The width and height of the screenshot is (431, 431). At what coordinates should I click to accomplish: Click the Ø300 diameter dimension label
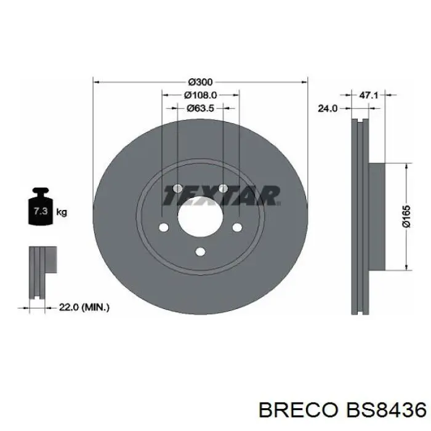click(x=200, y=82)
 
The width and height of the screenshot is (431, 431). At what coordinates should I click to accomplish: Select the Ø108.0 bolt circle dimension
click(x=200, y=95)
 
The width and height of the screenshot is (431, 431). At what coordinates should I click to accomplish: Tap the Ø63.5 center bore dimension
click(x=200, y=108)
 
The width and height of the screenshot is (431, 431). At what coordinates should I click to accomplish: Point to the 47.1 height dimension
click(x=368, y=95)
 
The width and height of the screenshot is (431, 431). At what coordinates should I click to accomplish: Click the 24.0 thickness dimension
click(x=327, y=108)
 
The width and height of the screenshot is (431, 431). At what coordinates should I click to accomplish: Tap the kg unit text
click(x=62, y=212)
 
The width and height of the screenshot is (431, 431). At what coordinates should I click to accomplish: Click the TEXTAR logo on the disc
click(x=221, y=196)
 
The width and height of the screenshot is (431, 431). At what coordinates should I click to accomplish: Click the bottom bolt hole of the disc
click(x=199, y=251)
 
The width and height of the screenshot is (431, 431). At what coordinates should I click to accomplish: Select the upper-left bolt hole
click(x=177, y=188)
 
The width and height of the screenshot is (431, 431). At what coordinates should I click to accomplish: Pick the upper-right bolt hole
click(x=223, y=188)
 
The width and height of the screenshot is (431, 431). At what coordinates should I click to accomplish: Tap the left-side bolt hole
click(x=163, y=228)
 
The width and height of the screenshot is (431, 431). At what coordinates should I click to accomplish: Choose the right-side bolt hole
click(x=236, y=228)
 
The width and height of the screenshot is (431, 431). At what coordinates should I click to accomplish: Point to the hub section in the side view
click(x=376, y=216)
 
